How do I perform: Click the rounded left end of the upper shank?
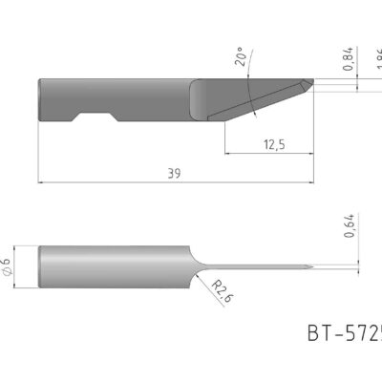click(x=41, y=100)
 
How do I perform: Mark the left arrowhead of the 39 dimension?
click(x=40, y=181)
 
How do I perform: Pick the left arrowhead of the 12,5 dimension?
click(x=226, y=152)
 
